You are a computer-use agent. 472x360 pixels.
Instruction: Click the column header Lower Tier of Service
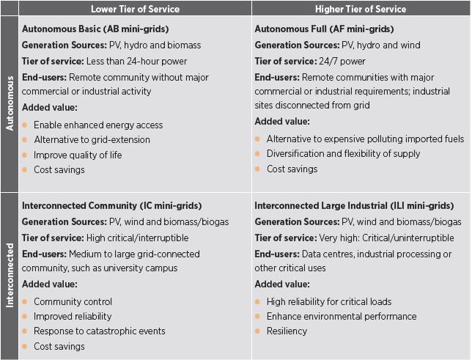coord(135,9)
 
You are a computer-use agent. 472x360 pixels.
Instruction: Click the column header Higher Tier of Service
coord(361,9)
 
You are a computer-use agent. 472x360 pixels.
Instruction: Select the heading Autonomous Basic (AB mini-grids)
coord(95,29)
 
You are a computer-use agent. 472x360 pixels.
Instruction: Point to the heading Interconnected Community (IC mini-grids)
coord(111,205)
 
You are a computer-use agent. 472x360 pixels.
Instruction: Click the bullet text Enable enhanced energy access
coord(98,125)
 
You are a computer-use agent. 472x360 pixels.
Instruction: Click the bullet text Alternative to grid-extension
coord(92,139)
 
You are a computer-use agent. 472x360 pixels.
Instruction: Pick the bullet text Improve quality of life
coord(78,155)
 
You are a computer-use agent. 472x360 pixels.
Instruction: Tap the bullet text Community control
coord(73,301)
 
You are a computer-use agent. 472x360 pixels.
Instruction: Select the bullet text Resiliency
coord(287,331)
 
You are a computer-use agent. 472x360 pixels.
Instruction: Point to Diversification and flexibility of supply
coord(343,153)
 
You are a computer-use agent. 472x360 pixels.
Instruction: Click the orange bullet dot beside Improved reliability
coord(25,317)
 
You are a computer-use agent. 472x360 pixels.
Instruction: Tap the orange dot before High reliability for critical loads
coord(258,301)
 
